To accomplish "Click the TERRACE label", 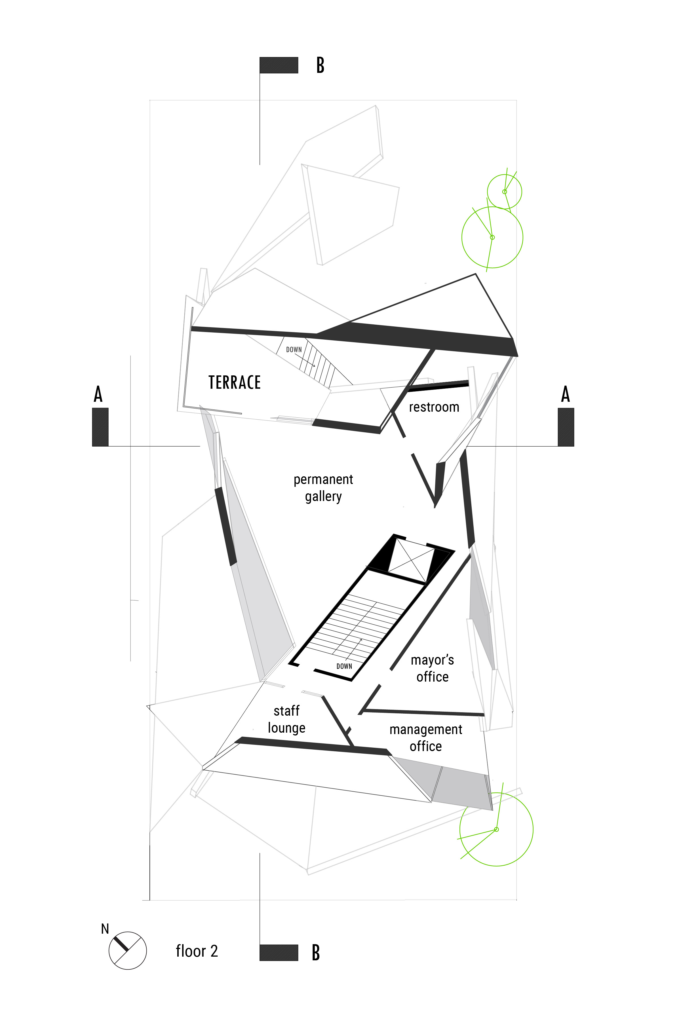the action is click(235, 382).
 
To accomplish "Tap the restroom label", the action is click(434, 407).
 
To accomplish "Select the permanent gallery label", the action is click(323, 487).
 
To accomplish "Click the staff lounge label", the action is click(286, 719).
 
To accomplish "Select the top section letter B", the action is click(320, 65).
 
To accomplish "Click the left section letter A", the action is click(98, 394).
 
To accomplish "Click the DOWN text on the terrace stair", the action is click(294, 349).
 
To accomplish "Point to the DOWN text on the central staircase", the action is click(344, 666).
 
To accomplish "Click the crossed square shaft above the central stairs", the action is click(410, 560).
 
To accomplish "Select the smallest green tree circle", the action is click(504, 191).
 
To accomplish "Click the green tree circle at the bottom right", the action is click(496, 829).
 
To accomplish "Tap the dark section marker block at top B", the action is click(279, 65).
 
